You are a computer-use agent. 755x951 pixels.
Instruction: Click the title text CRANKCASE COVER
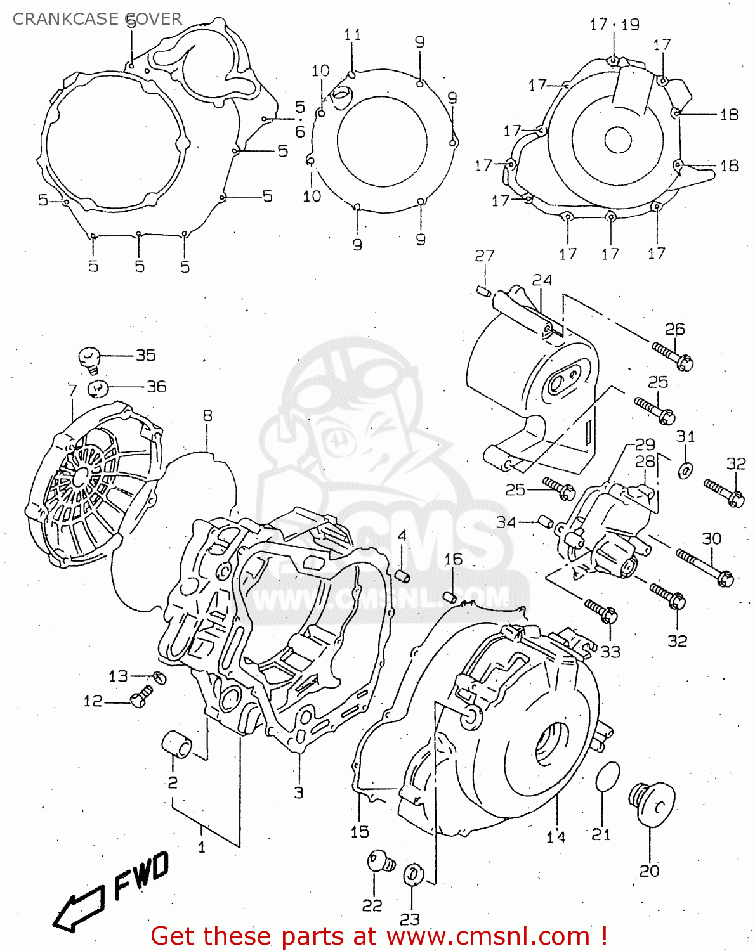pos(97,19)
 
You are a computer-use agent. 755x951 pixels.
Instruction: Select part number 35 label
pos(145,355)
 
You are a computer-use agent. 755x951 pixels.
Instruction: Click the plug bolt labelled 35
pos(89,358)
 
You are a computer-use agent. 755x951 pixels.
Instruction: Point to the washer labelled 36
pos(98,387)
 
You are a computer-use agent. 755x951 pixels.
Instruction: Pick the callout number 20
pos(649,871)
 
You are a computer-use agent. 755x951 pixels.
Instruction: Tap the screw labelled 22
pos(379,861)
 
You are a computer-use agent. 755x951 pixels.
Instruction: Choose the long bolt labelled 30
pos(704,567)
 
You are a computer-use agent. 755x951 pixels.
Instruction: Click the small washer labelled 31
pos(685,470)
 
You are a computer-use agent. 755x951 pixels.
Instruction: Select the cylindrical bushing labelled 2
pos(177,744)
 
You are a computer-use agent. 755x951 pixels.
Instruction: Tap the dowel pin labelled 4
pos(402,575)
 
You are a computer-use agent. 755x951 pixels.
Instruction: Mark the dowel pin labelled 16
pos(449,597)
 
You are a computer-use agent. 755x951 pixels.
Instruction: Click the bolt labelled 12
pos(141,696)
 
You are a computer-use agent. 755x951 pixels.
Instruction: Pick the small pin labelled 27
pos(482,291)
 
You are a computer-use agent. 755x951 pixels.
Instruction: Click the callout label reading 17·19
pos(614,25)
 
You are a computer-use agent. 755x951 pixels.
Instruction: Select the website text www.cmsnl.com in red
pos(489,936)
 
